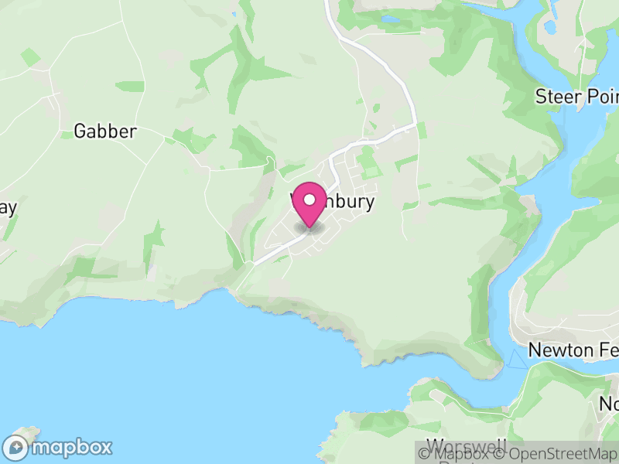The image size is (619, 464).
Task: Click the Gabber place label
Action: pos(105,131)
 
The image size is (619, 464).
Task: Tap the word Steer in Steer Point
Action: pos(558,97)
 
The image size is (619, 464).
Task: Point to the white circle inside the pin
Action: pos(309,200)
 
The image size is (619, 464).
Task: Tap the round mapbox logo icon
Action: pos(16,447)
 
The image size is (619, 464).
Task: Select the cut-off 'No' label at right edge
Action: pos(609,404)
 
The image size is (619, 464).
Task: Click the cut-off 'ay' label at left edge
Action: pos(8,209)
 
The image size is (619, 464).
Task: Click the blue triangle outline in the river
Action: pos(515,358)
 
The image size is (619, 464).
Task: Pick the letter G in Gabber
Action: pos(80,131)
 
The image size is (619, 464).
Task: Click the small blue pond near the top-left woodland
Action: pos(233,14)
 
